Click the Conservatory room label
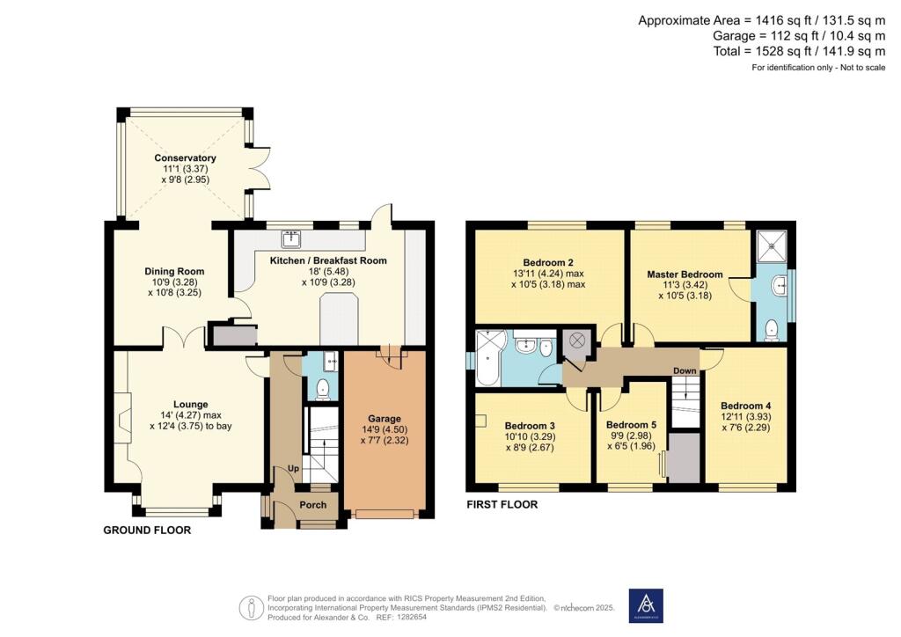pyautogui.click(x=185, y=158)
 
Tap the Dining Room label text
pyautogui.click(x=174, y=271)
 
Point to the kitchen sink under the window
pyautogui.click(x=291, y=238)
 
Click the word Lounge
pyautogui.click(x=190, y=405)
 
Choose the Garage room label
pyautogui.click(x=385, y=418)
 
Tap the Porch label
pyautogui.click(x=312, y=505)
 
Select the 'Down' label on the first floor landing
pyautogui.click(x=685, y=371)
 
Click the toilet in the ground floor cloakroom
pyautogui.click(x=322, y=388)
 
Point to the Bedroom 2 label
pyautogui.click(x=548, y=262)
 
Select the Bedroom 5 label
pyautogui.click(x=632, y=422)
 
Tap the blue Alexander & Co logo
pyautogui.click(x=646, y=605)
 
